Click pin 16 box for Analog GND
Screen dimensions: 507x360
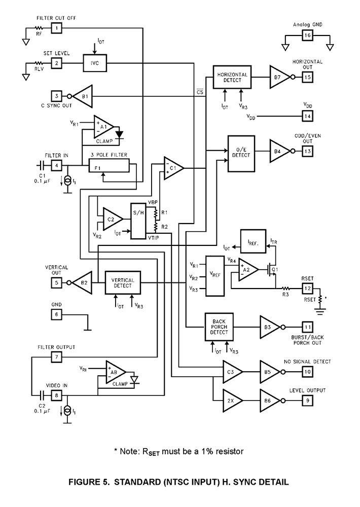tap(308, 35)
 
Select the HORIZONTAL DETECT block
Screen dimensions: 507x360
tap(232, 78)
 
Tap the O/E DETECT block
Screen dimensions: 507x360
tap(241, 152)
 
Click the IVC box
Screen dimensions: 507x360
tap(95, 63)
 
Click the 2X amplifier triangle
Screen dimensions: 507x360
tap(232, 400)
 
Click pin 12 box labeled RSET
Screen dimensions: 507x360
tap(308, 288)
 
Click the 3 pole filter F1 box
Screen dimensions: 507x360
tap(109, 165)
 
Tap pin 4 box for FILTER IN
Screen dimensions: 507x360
tap(57, 165)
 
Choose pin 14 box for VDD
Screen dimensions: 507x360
tap(308, 116)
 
